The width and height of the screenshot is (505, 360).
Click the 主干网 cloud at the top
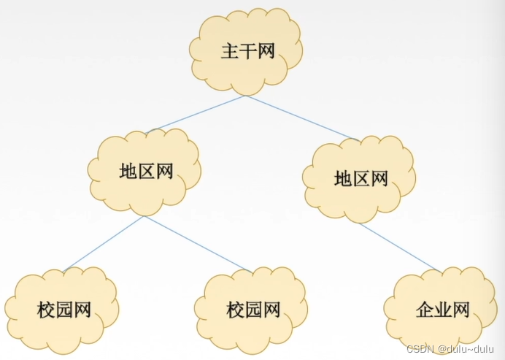[x=247, y=51]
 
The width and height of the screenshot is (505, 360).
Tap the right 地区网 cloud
[x=361, y=178]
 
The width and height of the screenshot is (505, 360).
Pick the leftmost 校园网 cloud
[x=63, y=310]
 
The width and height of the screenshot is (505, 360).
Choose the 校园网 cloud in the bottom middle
[x=254, y=310]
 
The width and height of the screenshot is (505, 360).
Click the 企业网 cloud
[x=442, y=310]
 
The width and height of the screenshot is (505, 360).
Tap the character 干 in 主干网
[x=248, y=52]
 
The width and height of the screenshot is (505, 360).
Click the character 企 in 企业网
[x=424, y=310]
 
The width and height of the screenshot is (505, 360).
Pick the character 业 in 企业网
[x=442, y=310]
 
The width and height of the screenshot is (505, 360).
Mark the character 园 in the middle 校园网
[x=254, y=310]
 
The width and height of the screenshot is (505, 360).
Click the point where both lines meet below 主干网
[x=246, y=96]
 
